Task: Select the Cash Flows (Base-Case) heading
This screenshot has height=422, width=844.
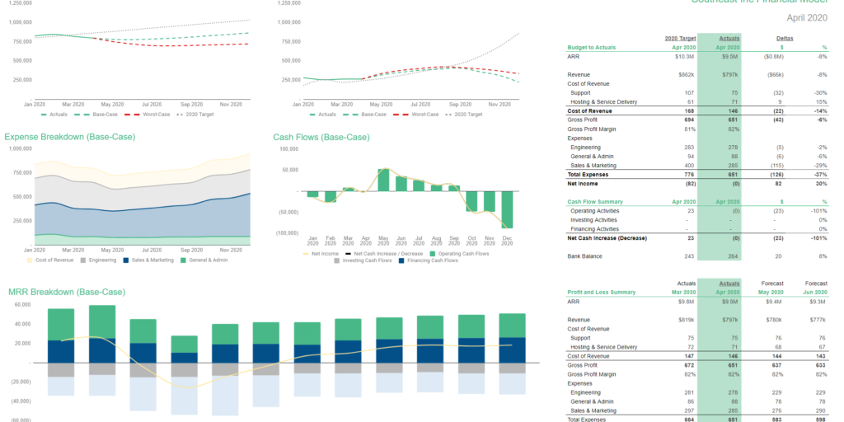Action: click(x=321, y=137)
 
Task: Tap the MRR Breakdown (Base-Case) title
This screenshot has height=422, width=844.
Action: click(x=67, y=292)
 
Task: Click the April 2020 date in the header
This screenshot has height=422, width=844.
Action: click(x=806, y=17)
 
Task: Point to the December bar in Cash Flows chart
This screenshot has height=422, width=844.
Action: click(x=507, y=210)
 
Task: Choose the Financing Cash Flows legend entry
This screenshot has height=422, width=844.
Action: click(x=432, y=260)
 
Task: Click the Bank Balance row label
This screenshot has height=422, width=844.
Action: click(x=585, y=256)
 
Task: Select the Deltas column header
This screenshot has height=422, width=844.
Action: click(x=785, y=38)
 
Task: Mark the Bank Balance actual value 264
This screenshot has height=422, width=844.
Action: click(x=731, y=256)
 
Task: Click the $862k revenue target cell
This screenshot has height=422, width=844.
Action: click(x=686, y=75)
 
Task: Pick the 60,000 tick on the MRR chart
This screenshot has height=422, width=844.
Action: click(x=20, y=304)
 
